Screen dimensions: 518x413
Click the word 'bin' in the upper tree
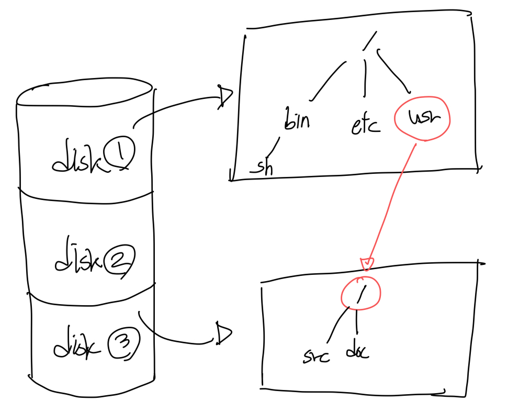(297, 119)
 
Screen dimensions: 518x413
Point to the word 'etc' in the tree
(365, 124)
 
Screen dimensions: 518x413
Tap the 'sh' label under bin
(262, 168)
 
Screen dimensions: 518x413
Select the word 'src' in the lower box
(317, 358)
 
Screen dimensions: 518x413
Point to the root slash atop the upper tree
(370, 40)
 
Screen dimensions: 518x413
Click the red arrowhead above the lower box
(367, 263)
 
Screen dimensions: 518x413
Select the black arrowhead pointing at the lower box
(223, 334)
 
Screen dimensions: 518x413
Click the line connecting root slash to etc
(365, 76)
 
